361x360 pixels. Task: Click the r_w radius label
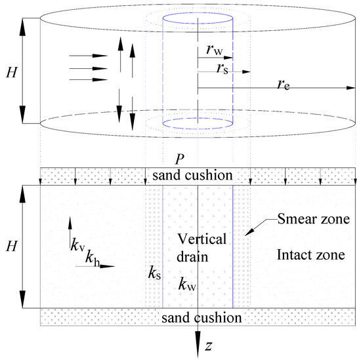click(x=215, y=50)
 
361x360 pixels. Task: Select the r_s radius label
click(x=223, y=68)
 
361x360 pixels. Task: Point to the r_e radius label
click(x=284, y=85)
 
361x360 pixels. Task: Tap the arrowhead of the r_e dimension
click(x=351, y=88)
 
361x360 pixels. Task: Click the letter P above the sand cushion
click(x=180, y=159)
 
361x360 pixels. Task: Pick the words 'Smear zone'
click(x=314, y=219)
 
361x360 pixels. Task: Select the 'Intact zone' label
click(x=311, y=255)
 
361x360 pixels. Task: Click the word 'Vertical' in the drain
click(x=202, y=239)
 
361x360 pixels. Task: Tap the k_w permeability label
click(x=187, y=285)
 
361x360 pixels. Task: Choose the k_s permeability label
click(x=154, y=273)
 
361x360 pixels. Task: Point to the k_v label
click(x=78, y=245)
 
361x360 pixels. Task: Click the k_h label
click(x=93, y=258)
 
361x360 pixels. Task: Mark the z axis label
click(x=209, y=346)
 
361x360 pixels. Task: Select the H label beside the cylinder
click(x=12, y=72)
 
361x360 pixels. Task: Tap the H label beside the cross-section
click(x=12, y=246)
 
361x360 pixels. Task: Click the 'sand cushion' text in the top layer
click(x=192, y=175)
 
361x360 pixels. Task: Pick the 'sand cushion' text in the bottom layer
click(x=202, y=317)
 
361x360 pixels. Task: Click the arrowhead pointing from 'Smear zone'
click(x=249, y=232)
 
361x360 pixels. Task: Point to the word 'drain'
click(x=192, y=256)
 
